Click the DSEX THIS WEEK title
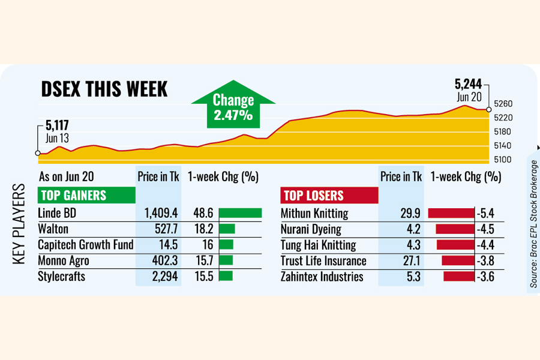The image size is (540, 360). [104, 89]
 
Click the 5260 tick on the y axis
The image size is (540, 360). [502, 104]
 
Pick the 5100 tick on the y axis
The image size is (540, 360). [502, 159]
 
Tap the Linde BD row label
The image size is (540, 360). [57, 213]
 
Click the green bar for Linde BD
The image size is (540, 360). [240, 213]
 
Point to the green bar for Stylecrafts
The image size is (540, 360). [226, 276]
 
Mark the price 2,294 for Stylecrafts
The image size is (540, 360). [158, 276]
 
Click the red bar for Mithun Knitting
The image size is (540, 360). [451, 213]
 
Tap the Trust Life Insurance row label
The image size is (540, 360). [323, 260]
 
